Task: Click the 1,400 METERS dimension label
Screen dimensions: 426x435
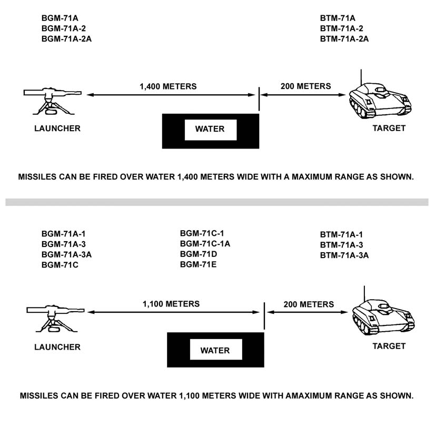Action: tap(168, 86)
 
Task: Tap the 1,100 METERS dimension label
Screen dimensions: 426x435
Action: tap(171, 304)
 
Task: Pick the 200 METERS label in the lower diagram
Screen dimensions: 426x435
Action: tap(309, 304)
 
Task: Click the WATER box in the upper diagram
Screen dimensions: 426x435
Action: tap(210, 129)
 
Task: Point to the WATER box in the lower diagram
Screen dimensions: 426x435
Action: tap(215, 350)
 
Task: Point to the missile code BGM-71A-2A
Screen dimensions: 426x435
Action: tap(66, 38)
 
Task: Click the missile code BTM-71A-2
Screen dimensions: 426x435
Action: tap(341, 28)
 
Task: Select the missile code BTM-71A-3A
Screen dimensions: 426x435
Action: tap(344, 255)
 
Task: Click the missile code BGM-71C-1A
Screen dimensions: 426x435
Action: tap(205, 243)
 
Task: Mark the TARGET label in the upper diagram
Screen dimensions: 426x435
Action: tap(389, 128)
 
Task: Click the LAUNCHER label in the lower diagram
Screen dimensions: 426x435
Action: tap(57, 347)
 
